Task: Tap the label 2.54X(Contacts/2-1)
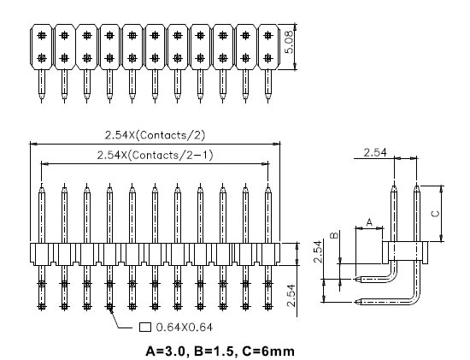point(155,155)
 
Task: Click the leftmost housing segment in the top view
point(41,47)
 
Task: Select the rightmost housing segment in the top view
point(268,47)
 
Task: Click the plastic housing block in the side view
point(404,250)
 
